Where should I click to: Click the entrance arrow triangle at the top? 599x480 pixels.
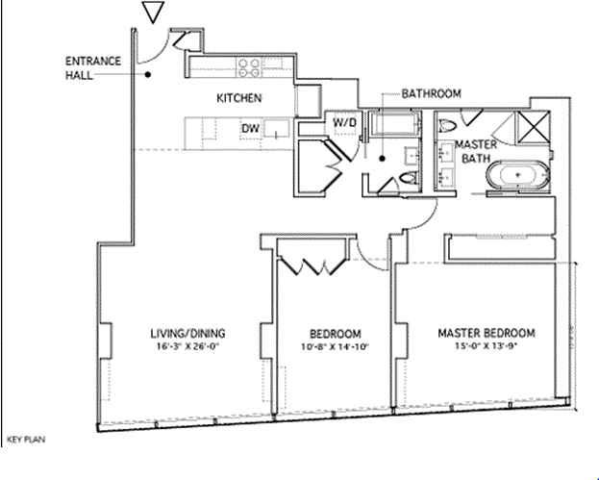pos(152,13)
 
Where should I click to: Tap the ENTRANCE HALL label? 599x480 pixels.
pos(94,68)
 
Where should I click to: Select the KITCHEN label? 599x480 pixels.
pos(238,98)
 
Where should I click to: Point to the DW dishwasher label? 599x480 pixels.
pos(250,128)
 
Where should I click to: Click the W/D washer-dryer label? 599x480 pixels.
pos(343,123)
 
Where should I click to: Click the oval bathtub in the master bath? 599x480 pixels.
pos(519,177)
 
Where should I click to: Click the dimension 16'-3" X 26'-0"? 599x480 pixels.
pos(187,347)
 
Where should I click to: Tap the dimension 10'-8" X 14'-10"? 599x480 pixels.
pos(334,347)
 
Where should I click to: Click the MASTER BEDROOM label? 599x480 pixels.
pos(486,334)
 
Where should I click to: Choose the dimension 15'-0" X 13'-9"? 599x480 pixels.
pos(486,347)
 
